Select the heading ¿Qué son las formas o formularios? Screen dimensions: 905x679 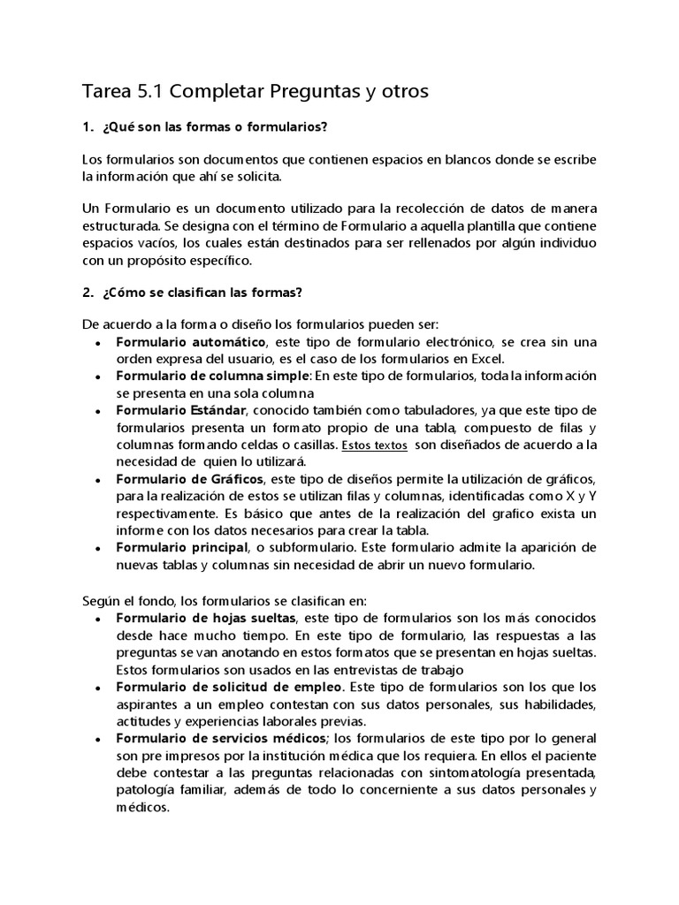(215, 127)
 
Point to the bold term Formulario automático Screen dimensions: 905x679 (190, 341)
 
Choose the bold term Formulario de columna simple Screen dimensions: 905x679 (212, 376)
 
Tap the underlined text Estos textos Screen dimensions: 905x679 (374, 445)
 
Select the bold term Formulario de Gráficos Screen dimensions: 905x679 (189, 479)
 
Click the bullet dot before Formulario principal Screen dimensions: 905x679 (96, 549)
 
